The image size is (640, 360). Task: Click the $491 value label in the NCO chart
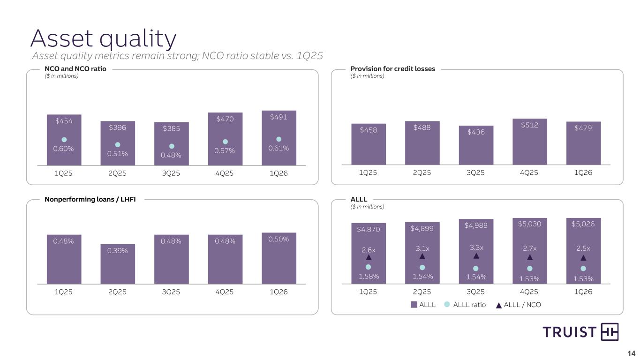pos(279,117)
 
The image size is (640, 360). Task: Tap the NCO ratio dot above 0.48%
pos(172,146)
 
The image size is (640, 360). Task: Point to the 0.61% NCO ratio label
pos(279,148)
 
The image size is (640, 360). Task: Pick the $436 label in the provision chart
pos(476,132)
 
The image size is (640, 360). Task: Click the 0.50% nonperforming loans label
pos(279,239)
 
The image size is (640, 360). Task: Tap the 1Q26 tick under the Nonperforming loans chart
pos(279,292)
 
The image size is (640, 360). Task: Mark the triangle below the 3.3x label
pos(476,256)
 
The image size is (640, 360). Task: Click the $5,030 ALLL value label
pos(530,224)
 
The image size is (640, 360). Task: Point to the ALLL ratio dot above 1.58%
pos(369,267)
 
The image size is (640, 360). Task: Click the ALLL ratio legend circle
pos(447,305)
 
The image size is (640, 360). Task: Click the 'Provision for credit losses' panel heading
pos(393,69)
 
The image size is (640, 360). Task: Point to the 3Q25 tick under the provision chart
pos(476,172)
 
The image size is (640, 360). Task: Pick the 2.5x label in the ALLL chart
pos(583,248)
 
